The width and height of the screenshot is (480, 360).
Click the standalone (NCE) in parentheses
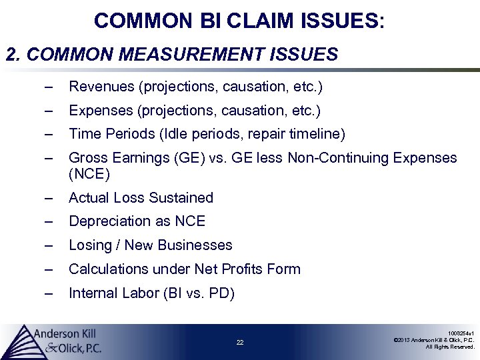click(89, 175)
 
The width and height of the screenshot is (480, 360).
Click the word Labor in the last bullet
click(139, 293)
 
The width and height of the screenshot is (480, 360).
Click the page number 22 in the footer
click(240, 343)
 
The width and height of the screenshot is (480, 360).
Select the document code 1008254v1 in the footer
click(461, 333)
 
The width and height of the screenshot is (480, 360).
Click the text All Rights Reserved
click(451, 347)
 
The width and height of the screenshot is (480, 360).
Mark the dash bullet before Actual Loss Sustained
click(47, 198)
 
